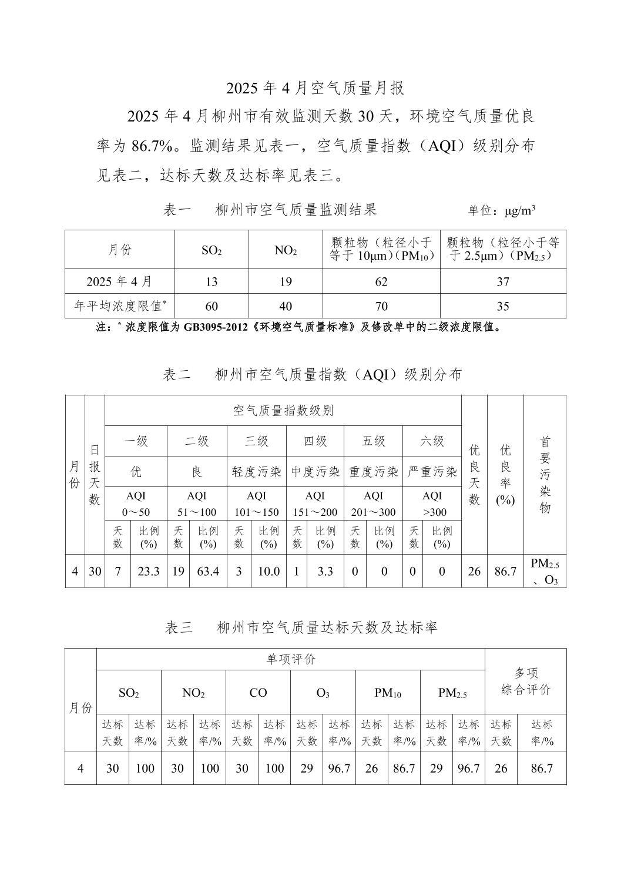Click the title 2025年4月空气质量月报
pyautogui.click(x=315, y=88)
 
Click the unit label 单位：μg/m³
pyautogui.click(x=501, y=211)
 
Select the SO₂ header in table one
pyautogui.click(x=212, y=250)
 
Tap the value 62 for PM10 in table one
pyautogui.click(x=381, y=282)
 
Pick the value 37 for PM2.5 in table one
pyautogui.click(x=503, y=282)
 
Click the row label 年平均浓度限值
pyautogui.click(x=120, y=306)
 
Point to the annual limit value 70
pyautogui.click(x=381, y=306)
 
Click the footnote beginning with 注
pyautogui.click(x=299, y=327)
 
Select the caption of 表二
pyautogui.click(x=312, y=374)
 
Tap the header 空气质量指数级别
pyautogui.click(x=283, y=411)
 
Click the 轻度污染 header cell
pyautogui.click(x=257, y=472)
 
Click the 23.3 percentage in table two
pyautogui.click(x=149, y=571)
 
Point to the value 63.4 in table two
pyautogui.click(x=208, y=571)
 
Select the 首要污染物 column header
pyautogui.click(x=545, y=475)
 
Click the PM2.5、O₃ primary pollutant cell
pyautogui.click(x=545, y=572)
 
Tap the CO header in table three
pyautogui.click(x=258, y=693)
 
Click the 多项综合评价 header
pyautogui.click(x=526, y=681)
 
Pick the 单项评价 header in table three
pyautogui.click(x=291, y=659)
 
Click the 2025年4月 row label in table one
pyautogui.click(x=120, y=281)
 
